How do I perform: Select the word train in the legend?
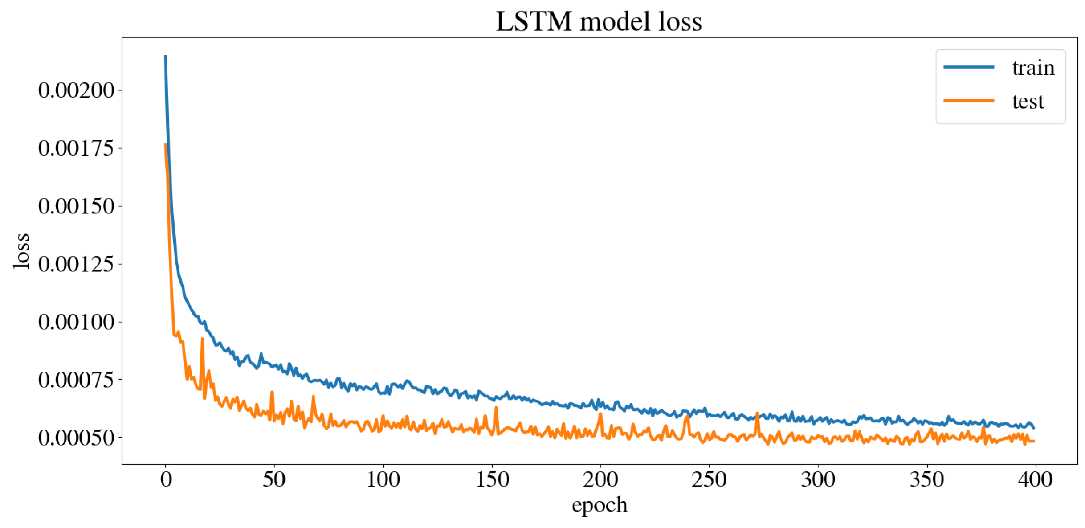pos(1033,68)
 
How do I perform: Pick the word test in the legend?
pos(1028,102)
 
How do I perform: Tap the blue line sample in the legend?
pos(968,67)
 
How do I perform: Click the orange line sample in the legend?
pos(968,101)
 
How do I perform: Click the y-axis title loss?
pos(21,251)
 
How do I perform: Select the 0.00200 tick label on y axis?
pos(76,90)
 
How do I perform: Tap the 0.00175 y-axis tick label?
pos(76,148)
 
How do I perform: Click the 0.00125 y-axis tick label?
pos(76,264)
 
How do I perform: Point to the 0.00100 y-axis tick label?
pos(76,322)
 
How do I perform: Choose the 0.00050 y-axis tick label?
pos(76,438)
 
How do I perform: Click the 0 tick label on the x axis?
pos(166,480)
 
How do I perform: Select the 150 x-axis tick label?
pos(492,480)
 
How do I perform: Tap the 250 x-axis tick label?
pos(709,480)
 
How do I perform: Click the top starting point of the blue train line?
pos(165,57)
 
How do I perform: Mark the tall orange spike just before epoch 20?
pos(202,340)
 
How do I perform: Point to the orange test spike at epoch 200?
pos(600,414)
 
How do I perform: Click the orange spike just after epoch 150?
pos(496,408)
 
